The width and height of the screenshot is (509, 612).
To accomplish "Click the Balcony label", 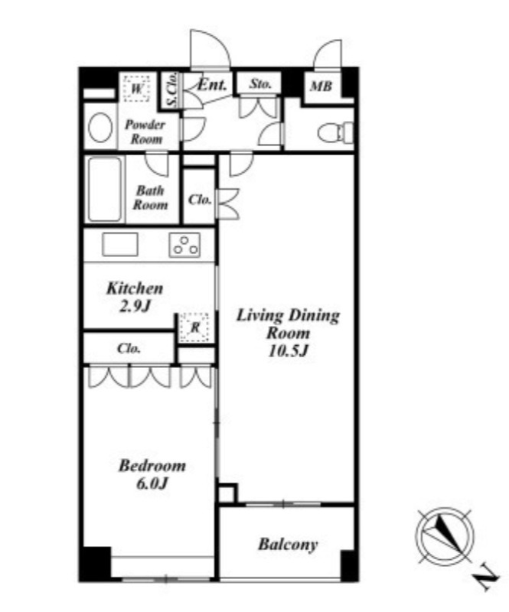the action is click(288, 545).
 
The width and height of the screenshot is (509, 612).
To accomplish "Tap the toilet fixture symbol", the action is click(336, 132).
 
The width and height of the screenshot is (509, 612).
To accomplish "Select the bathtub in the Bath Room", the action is click(105, 189).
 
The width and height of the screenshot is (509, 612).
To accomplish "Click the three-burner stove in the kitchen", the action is click(184, 245).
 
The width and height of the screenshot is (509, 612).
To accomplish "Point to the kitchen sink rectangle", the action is click(120, 244).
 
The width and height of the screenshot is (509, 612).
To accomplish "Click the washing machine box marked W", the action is click(136, 89).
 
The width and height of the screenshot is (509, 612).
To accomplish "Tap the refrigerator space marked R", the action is click(194, 327).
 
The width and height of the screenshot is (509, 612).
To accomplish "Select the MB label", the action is click(321, 86).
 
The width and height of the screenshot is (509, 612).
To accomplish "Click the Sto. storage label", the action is click(259, 83).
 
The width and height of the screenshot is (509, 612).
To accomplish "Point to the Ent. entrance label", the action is click(212, 85).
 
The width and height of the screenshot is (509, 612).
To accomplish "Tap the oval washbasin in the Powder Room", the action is click(100, 127).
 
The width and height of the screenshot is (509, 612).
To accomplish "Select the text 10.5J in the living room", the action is click(289, 351).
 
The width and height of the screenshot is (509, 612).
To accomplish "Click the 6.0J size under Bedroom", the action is click(152, 483).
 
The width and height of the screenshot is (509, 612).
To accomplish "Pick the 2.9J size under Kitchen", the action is click(135, 307).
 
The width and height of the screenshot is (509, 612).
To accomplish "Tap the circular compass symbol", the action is click(445, 535).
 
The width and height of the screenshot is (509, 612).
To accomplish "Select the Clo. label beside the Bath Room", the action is click(200, 200).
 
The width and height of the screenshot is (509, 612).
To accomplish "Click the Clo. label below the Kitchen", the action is click(129, 348).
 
